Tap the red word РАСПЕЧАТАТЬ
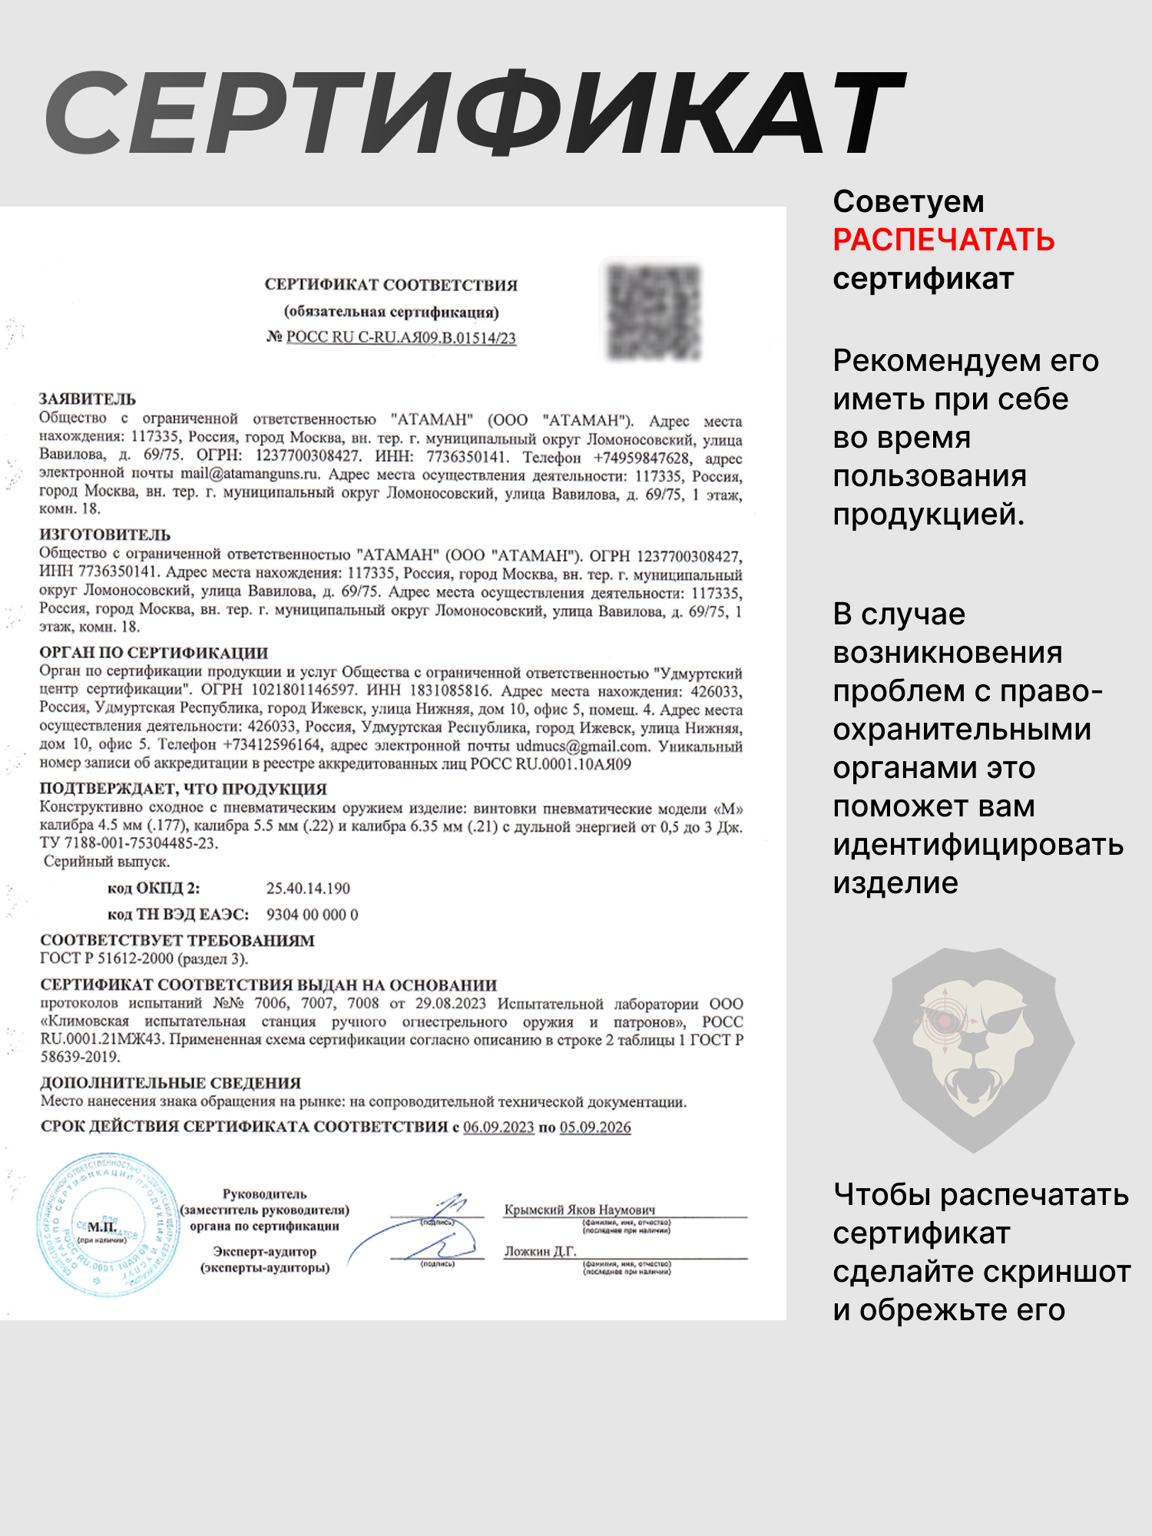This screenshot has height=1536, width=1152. pos(943,240)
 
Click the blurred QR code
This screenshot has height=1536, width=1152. pos(654,312)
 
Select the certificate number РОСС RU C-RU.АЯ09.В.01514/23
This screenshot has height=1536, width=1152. pos(400,338)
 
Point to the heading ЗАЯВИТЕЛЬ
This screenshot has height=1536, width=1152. pos(88,399)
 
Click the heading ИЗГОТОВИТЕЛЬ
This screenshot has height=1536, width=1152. pos(105,535)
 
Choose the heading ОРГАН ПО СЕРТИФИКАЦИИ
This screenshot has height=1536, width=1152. pos(154,653)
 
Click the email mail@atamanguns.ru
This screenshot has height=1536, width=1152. pos(250,474)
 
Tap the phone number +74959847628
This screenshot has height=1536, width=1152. pos(642,458)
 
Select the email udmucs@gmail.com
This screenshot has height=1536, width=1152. pos(582,746)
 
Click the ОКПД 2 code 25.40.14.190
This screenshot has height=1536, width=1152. pos(308,889)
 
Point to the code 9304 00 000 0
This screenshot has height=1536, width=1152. pos(312,915)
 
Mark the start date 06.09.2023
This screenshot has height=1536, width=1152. pos(498,1127)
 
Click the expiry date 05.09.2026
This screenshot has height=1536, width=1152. pos(595,1127)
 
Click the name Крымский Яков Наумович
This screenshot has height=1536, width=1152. pos(580,1210)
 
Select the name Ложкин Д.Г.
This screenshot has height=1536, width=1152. pos(540,1251)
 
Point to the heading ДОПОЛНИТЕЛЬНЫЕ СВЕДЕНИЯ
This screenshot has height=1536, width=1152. pos(170,1083)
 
